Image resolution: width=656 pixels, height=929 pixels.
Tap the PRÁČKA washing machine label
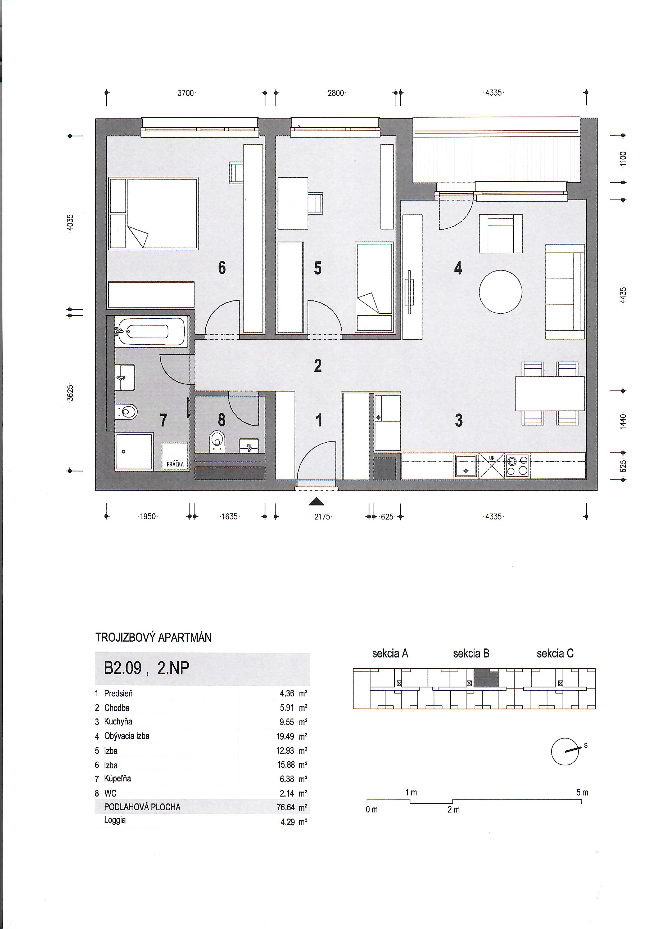pos(175,464)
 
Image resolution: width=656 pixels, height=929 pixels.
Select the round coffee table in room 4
pos(500,292)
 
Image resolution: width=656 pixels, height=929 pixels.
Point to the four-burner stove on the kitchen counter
pos(517,466)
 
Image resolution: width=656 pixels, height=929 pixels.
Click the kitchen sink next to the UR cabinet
pos(466,466)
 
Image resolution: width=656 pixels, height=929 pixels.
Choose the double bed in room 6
pos(153,213)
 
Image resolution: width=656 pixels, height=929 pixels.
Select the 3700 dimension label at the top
pos(186,93)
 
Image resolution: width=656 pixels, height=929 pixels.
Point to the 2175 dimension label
pos(322,517)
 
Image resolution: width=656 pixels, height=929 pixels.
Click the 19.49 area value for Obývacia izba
pos(285,736)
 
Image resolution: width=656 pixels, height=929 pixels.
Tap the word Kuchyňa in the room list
pos(118,721)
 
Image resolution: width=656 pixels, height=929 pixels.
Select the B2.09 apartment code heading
pos(123,668)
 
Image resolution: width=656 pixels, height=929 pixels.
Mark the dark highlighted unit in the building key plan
pos(486,678)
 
